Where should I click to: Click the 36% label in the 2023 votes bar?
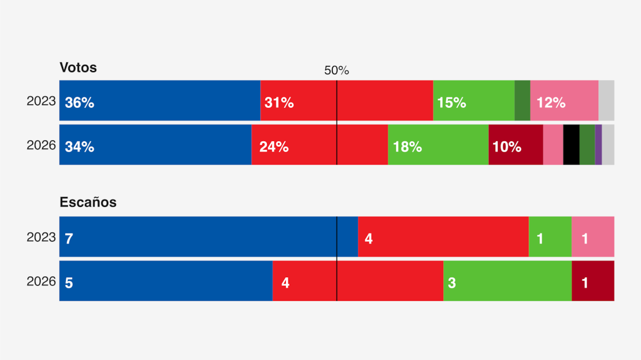tap(80, 103)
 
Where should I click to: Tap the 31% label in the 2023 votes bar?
tap(279, 103)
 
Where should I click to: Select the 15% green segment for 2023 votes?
tap(473, 101)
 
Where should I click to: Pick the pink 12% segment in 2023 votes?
tap(564, 101)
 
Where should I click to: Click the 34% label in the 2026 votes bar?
tap(80, 147)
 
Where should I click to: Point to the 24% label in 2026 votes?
tap(274, 147)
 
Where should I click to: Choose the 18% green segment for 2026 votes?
tap(438, 145)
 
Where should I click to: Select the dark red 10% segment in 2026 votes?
tap(515, 145)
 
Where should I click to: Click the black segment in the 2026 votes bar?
tap(571, 145)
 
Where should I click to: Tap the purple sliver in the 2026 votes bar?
tap(598, 145)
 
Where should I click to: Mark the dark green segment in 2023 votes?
tap(522, 101)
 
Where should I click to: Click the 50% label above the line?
tap(337, 71)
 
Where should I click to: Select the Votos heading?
tap(78, 68)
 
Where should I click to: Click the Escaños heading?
tap(88, 202)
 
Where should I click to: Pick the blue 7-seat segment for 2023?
tap(208, 237)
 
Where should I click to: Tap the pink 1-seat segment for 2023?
tap(592, 237)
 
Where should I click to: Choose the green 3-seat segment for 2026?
tap(507, 281)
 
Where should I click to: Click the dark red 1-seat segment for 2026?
tap(592, 281)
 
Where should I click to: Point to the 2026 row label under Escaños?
tap(41, 281)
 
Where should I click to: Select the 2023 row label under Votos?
tap(41, 101)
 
